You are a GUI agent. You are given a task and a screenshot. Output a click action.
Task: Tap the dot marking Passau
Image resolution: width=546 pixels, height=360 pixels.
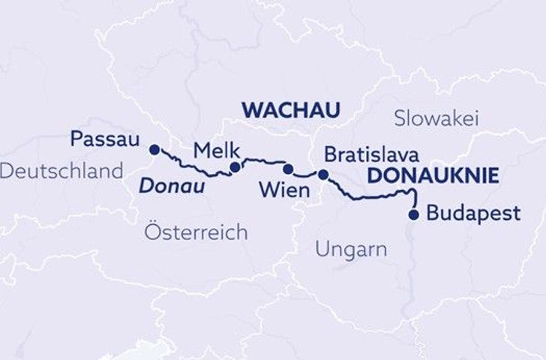pyautogui.click(x=155, y=148)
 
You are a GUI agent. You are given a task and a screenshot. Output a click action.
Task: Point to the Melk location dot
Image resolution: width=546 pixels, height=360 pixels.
pyautogui.click(x=235, y=166)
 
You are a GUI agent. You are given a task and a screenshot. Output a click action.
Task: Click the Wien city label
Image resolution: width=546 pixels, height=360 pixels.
pyautogui.click(x=283, y=190)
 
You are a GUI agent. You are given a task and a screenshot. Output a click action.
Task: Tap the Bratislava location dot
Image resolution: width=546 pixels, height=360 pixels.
pyautogui.click(x=323, y=175)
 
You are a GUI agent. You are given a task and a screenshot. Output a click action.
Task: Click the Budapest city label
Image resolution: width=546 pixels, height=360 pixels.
pyautogui.click(x=472, y=213)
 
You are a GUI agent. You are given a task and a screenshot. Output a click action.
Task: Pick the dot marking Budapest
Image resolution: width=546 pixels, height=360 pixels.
pyautogui.click(x=413, y=215)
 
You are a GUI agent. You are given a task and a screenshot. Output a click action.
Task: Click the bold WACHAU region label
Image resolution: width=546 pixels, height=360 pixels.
pyautogui.click(x=290, y=109)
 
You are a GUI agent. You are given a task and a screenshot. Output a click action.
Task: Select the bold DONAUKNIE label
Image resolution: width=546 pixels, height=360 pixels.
pyautogui.click(x=433, y=176)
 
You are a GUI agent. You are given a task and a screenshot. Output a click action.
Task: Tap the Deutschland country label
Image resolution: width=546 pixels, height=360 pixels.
pyautogui.click(x=61, y=171)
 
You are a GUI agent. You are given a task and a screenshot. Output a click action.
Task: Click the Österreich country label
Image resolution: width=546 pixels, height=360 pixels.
pyautogui.click(x=195, y=232)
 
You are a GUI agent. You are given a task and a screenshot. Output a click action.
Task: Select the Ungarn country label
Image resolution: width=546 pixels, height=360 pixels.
pyautogui.click(x=351, y=249)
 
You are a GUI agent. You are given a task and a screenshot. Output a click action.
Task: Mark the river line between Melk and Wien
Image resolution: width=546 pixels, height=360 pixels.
pyautogui.click(x=262, y=160)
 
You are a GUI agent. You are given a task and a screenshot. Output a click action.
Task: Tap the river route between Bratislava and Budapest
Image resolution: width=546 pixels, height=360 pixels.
pyautogui.click(x=375, y=197)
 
